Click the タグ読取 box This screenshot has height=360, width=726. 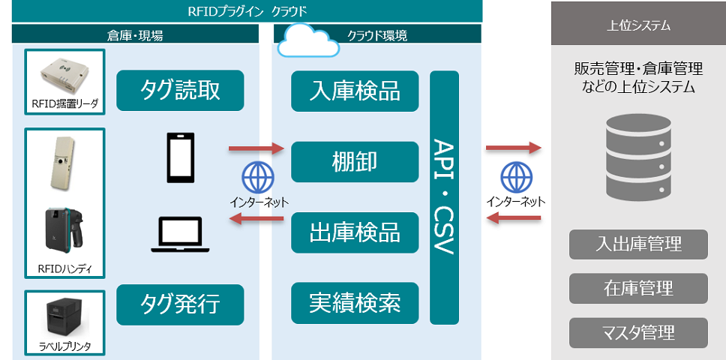pos(181,91)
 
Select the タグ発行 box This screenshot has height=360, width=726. pos(181,304)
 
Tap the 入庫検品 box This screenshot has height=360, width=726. pos(355,91)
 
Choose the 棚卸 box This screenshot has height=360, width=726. pos(355,161)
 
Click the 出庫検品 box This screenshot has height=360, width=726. pos(355,232)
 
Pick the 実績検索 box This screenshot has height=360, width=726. pos(355,303)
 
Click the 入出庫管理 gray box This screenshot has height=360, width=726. pos(638,244)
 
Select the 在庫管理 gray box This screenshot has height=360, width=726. pos(638,288)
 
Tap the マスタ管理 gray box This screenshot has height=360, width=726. pos(638,331)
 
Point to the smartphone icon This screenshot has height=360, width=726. pos(181,158)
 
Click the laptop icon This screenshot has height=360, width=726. pos(181,235)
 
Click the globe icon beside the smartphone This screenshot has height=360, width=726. pos(256,178)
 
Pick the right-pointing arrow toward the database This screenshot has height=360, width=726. pos(514,148)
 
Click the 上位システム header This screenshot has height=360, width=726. pos(638,25)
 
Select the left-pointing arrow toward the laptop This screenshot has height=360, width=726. pos(256,219)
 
